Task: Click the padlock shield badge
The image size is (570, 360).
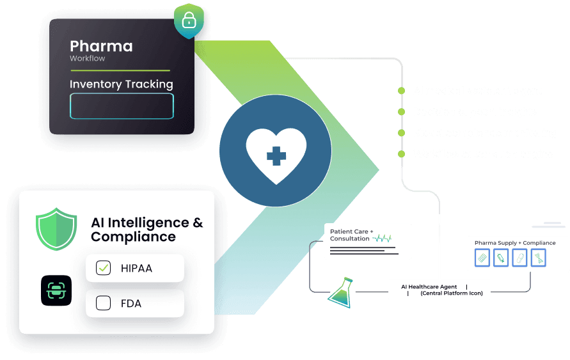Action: [189, 20]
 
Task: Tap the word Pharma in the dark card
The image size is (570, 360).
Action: [101, 46]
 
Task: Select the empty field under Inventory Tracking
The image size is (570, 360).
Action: [122, 106]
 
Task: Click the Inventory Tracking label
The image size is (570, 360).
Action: [121, 84]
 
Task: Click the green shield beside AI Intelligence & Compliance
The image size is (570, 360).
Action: [56, 229]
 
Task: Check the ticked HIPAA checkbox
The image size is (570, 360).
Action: [104, 268]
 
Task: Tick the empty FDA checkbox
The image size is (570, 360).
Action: [104, 303]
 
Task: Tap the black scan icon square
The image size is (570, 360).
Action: [56, 290]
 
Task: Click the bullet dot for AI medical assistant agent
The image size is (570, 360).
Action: [401, 91]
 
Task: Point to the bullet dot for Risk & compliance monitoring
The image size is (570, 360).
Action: [401, 133]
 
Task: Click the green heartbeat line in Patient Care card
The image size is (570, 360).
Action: [383, 239]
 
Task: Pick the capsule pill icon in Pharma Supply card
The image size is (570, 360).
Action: [520, 258]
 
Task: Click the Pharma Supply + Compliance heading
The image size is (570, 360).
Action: [514, 243]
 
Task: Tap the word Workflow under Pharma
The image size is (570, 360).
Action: [88, 58]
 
